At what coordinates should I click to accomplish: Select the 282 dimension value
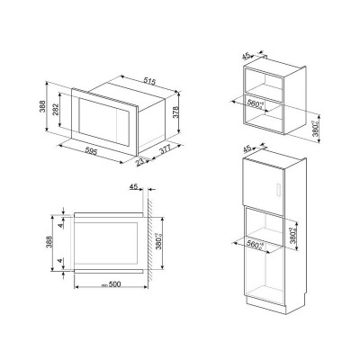tap(54, 112)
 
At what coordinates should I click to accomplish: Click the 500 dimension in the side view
tap(112, 286)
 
